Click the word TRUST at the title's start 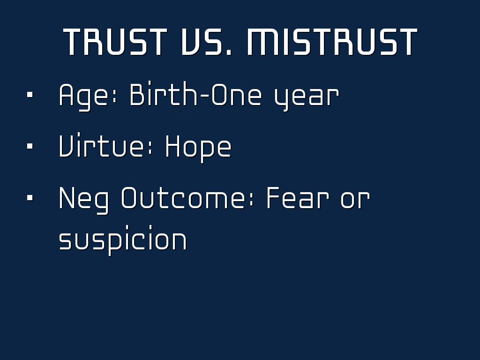(115, 42)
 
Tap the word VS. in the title (207, 42)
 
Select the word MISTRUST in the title (332, 42)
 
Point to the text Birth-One (196, 94)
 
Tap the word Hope (198, 149)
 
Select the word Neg (83, 200)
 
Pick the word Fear (298, 197)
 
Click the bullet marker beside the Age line (30, 95)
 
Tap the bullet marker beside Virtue (30, 146)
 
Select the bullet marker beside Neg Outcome (30, 198)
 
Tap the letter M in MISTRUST (263, 42)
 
